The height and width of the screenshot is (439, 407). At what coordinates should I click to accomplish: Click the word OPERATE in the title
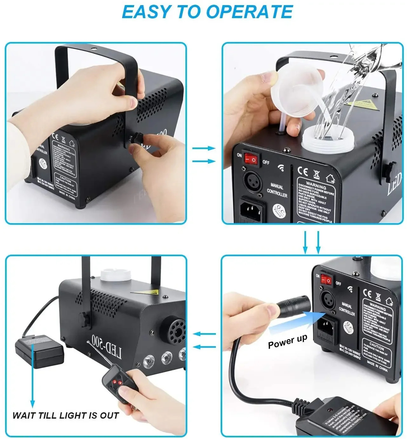249,12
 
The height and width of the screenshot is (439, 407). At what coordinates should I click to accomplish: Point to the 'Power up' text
287,341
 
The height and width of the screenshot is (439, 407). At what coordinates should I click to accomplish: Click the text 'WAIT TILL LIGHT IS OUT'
65,415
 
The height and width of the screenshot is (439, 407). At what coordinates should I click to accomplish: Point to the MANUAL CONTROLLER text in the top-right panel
277,190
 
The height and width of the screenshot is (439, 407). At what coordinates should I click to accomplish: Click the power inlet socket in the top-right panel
252,210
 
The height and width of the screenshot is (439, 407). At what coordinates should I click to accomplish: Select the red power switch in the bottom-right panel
326,280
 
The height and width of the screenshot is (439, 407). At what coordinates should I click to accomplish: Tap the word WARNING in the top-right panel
316,186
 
